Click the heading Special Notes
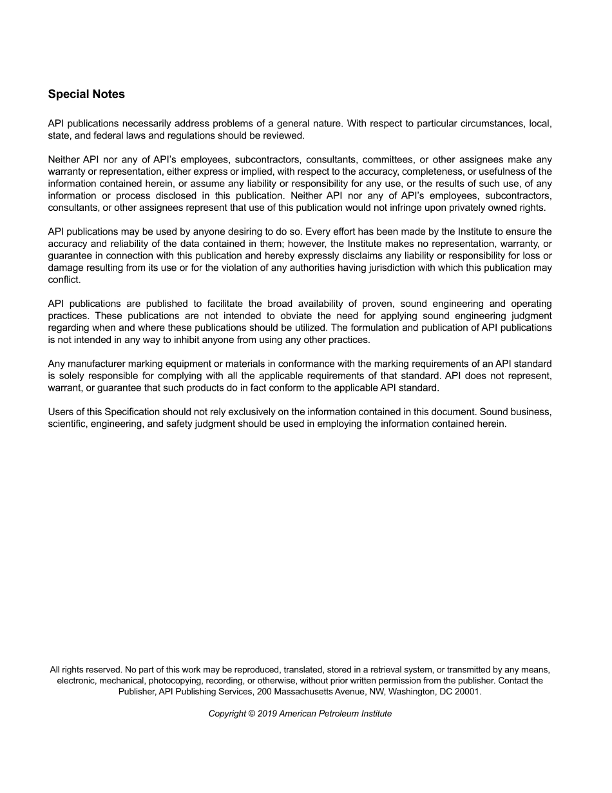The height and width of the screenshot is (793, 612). point(86,94)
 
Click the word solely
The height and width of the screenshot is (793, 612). point(72,376)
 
